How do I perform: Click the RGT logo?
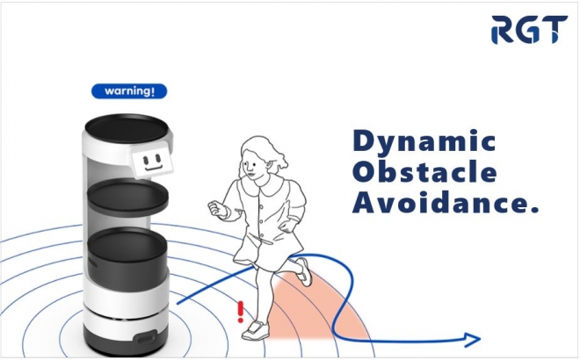[x=529, y=30]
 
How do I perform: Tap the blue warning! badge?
[x=129, y=91]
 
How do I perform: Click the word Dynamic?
[x=424, y=141]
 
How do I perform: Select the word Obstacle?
[x=424, y=173]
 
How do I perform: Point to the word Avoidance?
[x=440, y=203]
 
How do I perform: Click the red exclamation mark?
[x=241, y=312]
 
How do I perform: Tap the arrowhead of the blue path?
[x=473, y=339]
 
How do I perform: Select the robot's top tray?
[x=127, y=126]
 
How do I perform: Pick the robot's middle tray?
[x=127, y=195]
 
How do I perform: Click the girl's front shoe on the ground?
[x=255, y=330]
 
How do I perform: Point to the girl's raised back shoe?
[x=304, y=271]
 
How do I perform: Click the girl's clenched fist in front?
[x=217, y=208]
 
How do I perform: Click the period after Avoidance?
[x=533, y=210]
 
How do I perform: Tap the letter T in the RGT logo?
[x=552, y=30]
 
